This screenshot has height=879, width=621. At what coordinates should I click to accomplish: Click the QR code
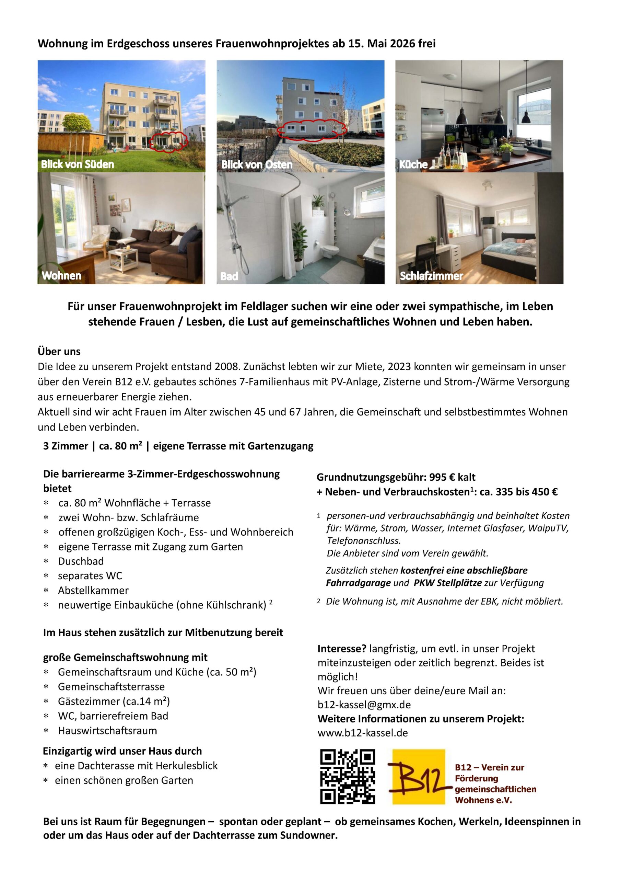tap(348, 776)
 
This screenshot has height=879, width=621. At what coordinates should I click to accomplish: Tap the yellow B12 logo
tap(418, 776)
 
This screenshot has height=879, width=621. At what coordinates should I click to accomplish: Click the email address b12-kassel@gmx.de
tap(364, 705)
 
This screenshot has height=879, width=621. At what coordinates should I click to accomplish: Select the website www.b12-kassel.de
tap(362, 733)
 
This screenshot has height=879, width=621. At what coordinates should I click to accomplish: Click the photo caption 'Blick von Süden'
tap(77, 164)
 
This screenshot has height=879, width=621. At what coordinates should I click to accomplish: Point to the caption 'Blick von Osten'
tap(257, 164)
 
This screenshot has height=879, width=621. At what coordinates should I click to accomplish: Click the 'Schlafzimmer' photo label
tap(431, 276)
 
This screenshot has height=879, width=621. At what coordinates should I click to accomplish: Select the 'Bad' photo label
tap(229, 276)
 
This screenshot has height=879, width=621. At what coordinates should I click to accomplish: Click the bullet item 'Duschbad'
tap(81, 561)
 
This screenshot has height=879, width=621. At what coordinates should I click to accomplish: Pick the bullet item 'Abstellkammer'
tap(93, 590)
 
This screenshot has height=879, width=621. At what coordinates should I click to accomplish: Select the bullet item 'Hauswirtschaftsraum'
tap(107, 730)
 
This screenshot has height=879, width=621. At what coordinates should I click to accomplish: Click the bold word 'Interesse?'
tap(342, 649)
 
